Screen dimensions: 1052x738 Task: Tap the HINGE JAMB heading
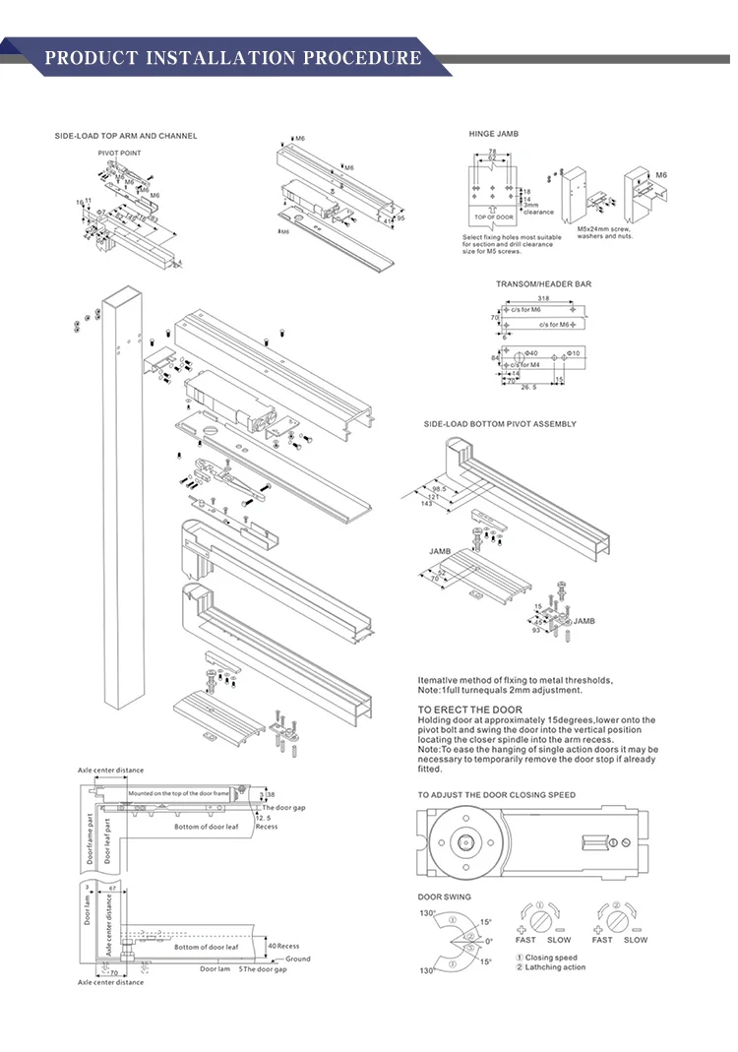[x=493, y=134]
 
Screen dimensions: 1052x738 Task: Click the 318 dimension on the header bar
[x=543, y=299]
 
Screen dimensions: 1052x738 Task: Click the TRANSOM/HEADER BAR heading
[x=543, y=284]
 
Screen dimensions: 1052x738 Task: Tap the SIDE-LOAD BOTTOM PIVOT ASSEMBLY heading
[x=500, y=424]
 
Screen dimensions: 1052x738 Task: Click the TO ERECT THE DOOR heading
[x=470, y=709]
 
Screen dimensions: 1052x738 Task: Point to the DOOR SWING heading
[x=444, y=897]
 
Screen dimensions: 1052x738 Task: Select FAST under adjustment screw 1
[x=525, y=940]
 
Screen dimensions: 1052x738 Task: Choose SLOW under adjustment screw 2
[x=636, y=940]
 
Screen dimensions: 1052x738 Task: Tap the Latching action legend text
[x=556, y=967]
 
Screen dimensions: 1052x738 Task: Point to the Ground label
[x=297, y=959]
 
